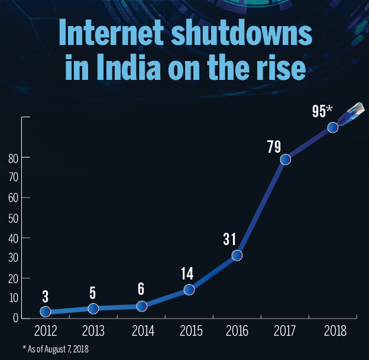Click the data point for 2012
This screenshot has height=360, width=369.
[45, 311]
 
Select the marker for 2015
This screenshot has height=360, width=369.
[189, 290]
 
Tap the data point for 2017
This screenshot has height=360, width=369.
[285, 159]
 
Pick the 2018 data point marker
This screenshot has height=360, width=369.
[333, 127]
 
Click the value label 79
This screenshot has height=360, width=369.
[274, 146]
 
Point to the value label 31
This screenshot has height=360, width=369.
[230, 240]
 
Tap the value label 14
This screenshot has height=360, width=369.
[187, 274]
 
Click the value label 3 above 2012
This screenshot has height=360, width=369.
[45, 296]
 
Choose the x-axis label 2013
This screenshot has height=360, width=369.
[93, 329]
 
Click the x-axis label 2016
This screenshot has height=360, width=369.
[237, 329]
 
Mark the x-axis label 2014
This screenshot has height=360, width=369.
[141, 329]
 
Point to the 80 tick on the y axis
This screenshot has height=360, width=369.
[11, 157]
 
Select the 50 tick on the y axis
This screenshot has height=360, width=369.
[11, 218]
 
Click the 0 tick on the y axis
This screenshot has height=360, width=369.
[15, 319]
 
